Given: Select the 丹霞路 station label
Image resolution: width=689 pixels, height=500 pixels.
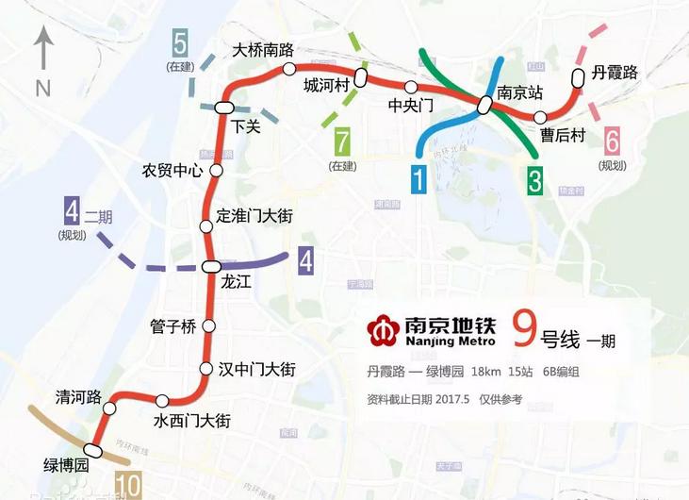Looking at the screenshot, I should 615,73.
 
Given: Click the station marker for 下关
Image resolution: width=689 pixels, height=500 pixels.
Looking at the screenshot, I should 223,107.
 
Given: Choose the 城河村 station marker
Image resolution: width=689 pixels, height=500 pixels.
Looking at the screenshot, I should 360,75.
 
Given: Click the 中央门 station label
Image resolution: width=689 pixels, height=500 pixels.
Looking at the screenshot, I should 412,106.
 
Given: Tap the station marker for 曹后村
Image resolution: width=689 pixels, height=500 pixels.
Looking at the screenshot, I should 540,117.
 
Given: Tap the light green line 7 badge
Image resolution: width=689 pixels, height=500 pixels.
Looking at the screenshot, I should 342,143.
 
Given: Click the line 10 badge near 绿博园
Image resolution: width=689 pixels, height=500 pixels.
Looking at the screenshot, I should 129,486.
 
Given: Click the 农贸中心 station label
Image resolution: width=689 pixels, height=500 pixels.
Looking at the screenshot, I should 172,171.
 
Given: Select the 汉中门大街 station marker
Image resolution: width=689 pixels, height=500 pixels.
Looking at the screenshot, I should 207,369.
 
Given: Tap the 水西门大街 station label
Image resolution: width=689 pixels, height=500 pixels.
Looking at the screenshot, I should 191,421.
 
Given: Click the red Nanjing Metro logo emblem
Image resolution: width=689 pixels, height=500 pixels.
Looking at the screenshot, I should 382,329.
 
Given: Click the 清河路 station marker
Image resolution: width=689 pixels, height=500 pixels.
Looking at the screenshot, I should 110,409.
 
